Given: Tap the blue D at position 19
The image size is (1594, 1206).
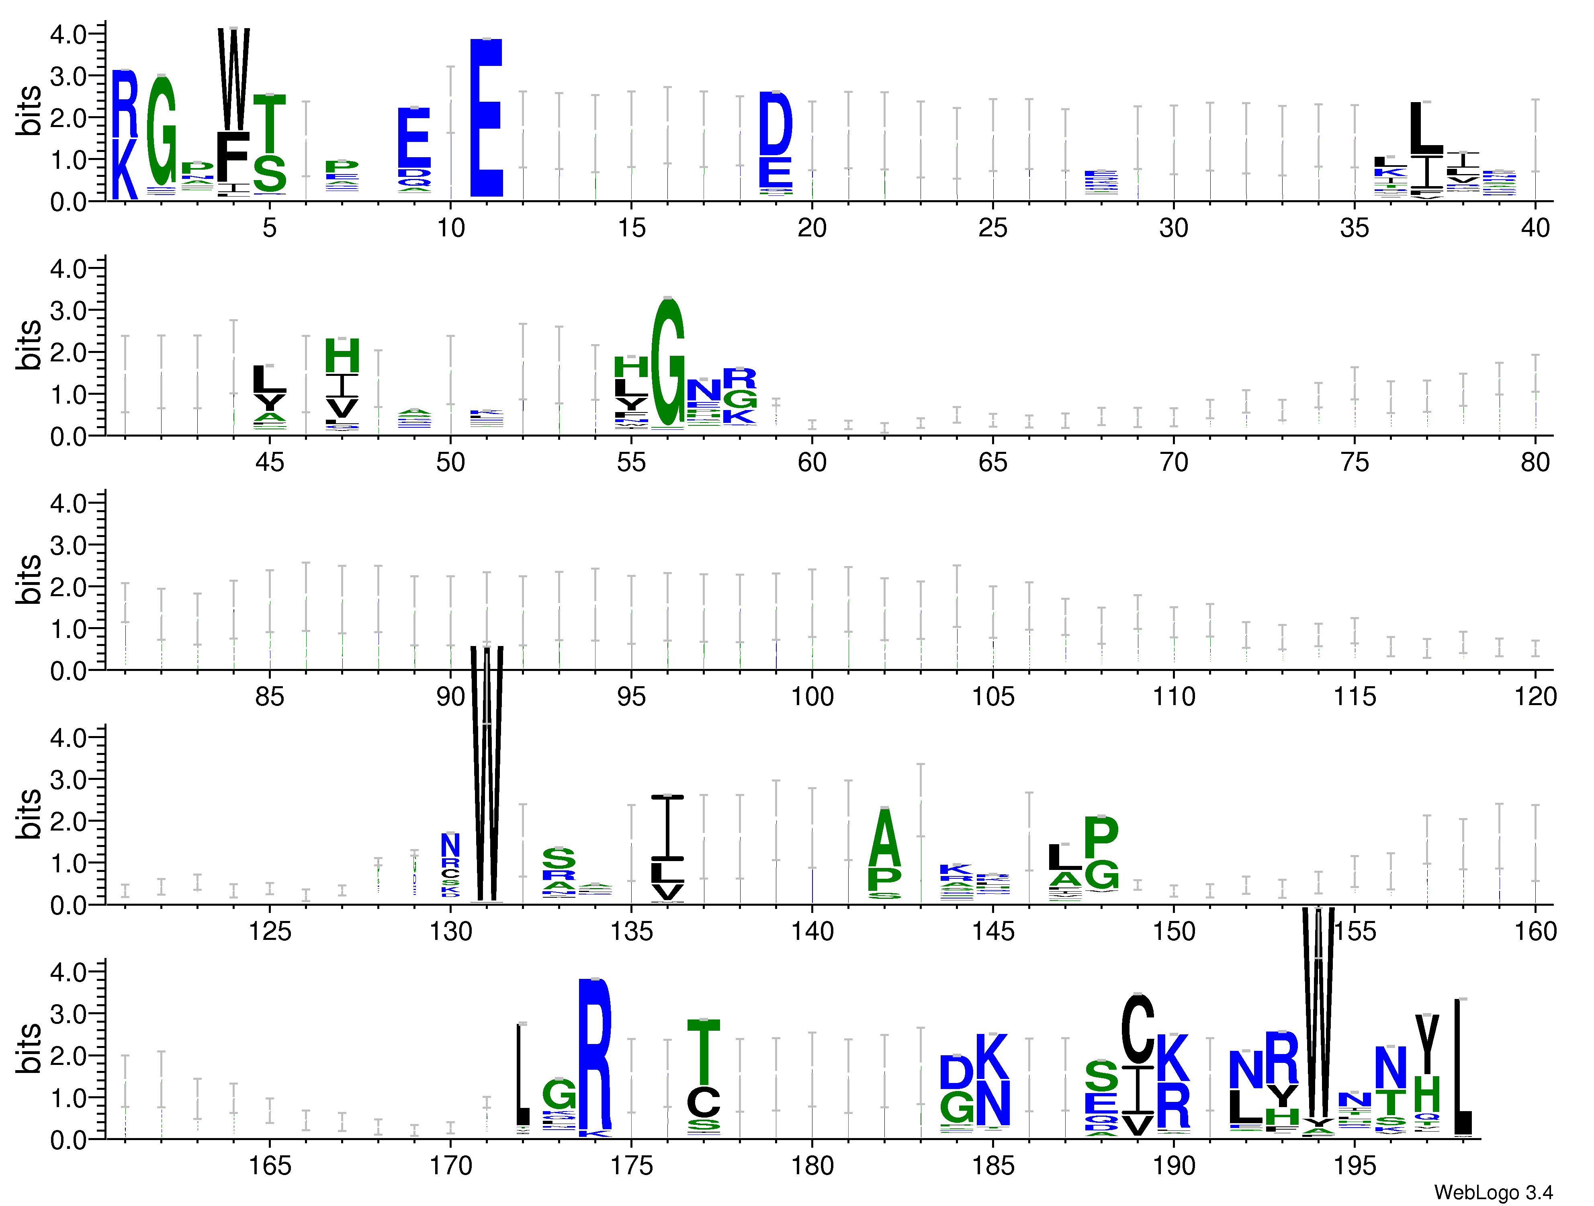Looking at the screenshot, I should (776, 124).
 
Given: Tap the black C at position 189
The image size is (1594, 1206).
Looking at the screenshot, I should (1138, 1030).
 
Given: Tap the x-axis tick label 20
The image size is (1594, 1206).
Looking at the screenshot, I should (812, 228).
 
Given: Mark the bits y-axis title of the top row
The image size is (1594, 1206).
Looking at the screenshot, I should (29, 110).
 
